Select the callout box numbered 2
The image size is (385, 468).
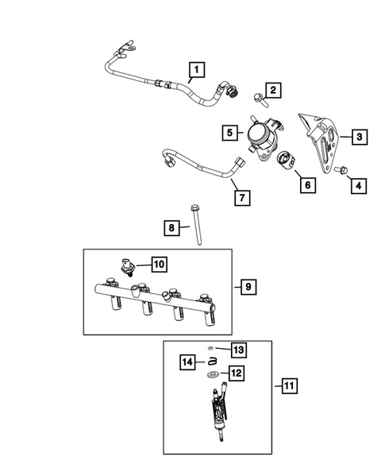point(271,91)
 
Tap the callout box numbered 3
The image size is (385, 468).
point(359,137)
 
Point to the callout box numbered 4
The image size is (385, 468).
point(359,186)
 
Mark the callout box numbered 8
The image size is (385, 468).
point(171,229)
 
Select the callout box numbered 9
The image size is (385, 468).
point(248,285)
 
